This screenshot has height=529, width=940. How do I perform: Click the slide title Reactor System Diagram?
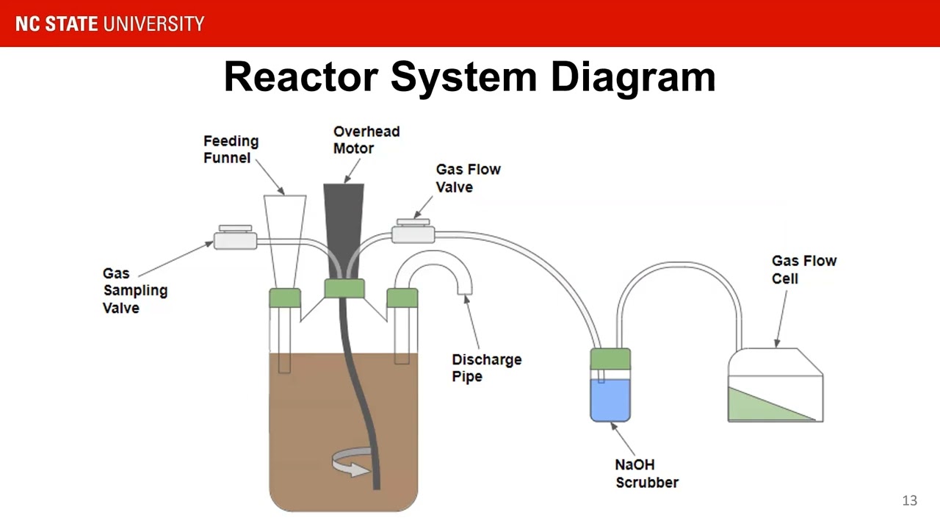469,78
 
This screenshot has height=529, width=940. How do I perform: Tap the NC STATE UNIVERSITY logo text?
110,24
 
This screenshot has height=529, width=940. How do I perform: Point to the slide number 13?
910,500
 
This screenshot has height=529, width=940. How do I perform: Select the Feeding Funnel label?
231,149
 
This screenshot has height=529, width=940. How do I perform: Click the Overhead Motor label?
366,140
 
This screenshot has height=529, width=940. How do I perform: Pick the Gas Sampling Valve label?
135,290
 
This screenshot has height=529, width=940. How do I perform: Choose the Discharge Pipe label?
487,368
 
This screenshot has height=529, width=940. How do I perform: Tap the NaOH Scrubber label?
647,474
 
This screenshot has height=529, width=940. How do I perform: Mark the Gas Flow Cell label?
804,270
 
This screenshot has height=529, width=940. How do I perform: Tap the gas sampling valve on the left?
236,237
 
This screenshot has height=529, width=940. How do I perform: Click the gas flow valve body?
413,231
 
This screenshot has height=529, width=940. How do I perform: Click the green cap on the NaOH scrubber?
610,359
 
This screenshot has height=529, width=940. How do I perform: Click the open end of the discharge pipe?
465,289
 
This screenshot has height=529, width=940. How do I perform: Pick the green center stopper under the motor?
344,289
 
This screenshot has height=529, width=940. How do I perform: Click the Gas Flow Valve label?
469,178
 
